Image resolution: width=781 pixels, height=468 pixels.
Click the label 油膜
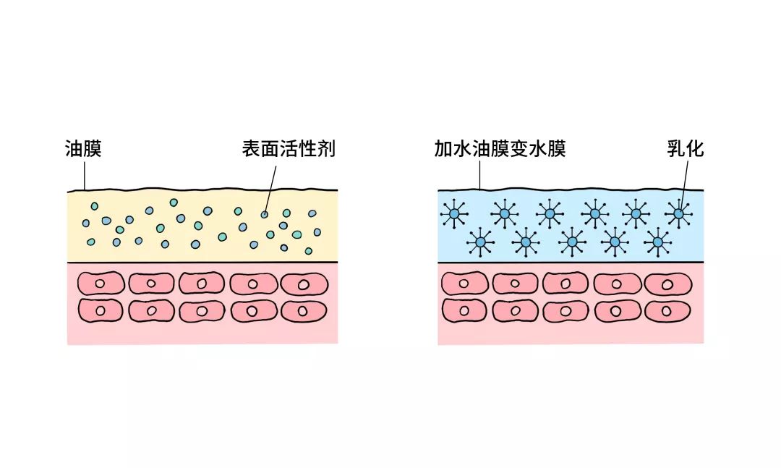click(83, 149)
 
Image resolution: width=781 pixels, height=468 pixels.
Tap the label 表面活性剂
click(289, 149)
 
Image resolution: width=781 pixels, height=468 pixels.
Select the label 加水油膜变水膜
click(500, 149)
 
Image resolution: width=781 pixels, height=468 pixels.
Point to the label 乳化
click(686, 149)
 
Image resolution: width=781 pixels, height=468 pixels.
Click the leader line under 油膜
click(85, 176)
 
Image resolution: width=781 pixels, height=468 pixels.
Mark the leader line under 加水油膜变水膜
click(480, 176)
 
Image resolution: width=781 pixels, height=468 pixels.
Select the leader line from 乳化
click(684, 185)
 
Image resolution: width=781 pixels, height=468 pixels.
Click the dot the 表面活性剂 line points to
click(265, 214)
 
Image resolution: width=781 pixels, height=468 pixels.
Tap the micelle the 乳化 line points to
click(678, 213)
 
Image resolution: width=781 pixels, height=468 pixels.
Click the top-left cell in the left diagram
click(101, 284)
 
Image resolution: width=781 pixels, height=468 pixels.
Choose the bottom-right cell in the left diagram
click(304, 311)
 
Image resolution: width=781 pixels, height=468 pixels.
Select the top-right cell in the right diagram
click(668, 284)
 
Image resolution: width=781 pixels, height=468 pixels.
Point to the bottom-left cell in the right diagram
click(464, 310)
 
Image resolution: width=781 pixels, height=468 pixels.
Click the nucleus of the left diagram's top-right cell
click(303, 285)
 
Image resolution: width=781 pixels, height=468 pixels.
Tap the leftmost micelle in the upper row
click(454, 214)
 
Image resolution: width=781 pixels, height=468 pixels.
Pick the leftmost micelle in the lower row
click(481, 242)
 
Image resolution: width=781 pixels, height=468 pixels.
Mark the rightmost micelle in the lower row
click(658, 242)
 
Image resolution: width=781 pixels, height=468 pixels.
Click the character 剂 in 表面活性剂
click(328, 149)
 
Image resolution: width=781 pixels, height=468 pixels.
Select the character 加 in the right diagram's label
click(443, 149)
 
